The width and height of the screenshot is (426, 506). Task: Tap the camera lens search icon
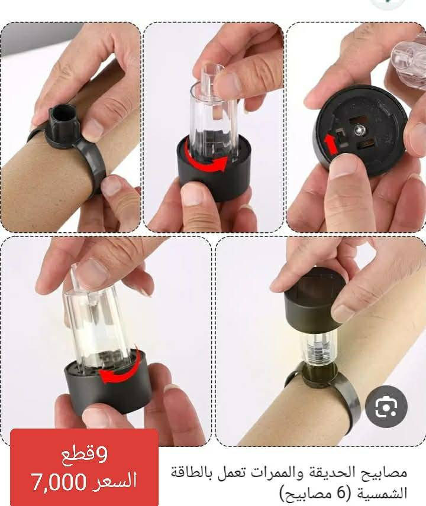pos(385,407)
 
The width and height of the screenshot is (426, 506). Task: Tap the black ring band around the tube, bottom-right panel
pos(349,396)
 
